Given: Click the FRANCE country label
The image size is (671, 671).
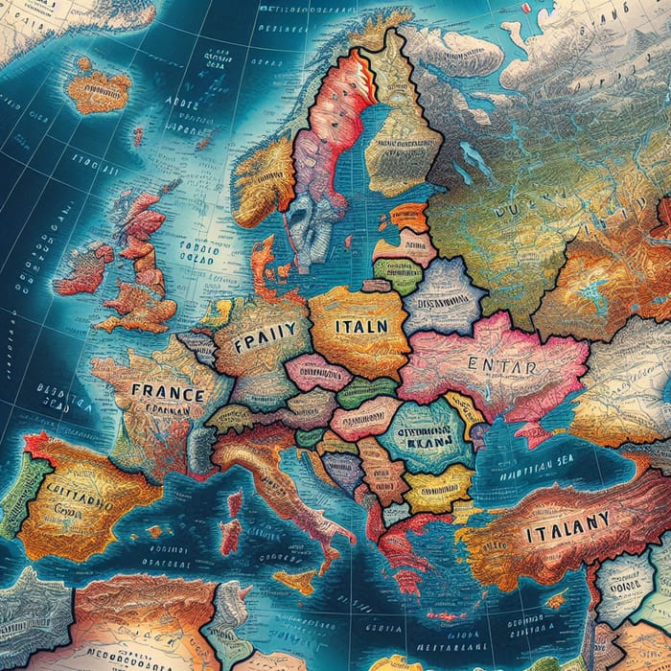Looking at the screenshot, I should point(167,392).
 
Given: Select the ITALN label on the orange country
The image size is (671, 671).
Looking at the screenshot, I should point(360,325).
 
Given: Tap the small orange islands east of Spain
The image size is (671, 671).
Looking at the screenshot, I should point(154,530).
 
